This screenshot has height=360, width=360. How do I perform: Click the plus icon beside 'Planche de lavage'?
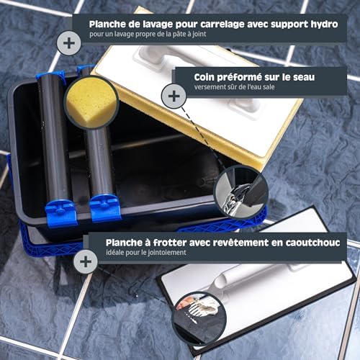tap(69, 43)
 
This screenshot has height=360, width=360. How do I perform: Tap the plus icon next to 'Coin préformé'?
tap(174, 95)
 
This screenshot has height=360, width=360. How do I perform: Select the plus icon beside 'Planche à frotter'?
tap(86, 261)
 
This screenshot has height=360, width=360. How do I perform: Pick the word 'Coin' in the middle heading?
tap(209, 76)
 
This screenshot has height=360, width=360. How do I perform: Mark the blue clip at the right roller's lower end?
tap(103, 208)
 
